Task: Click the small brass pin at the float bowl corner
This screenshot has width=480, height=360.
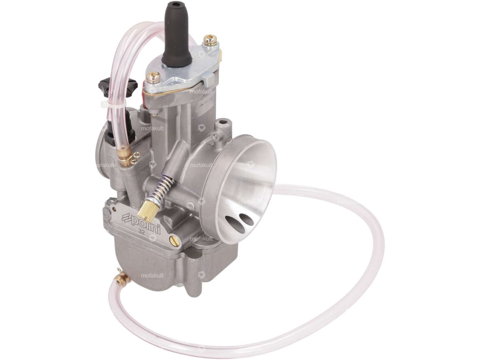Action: [x=114, y=207]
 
